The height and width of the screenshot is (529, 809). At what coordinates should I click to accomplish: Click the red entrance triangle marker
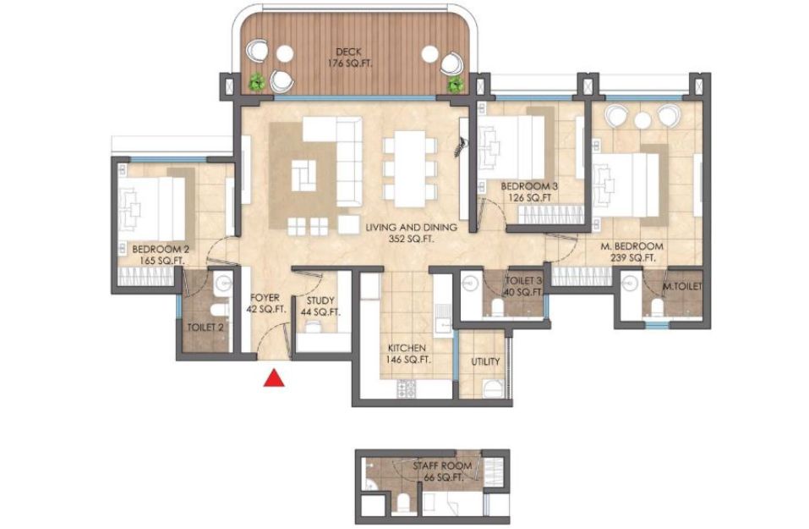(x=274, y=377)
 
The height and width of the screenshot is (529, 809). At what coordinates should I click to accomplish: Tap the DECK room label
(x=349, y=52)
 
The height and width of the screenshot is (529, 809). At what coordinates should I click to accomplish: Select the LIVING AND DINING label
(x=411, y=227)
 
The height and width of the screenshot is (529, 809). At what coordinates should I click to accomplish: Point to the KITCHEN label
(x=407, y=348)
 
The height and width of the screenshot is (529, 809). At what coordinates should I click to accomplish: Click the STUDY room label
(x=320, y=300)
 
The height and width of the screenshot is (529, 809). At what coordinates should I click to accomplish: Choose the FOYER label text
(x=265, y=298)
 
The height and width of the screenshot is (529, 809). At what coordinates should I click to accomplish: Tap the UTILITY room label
(x=485, y=361)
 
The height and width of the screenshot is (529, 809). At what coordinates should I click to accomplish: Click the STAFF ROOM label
(x=442, y=466)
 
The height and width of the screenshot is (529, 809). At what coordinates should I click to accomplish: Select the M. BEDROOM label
(x=632, y=246)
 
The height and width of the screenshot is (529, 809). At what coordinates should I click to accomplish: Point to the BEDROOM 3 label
(x=529, y=185)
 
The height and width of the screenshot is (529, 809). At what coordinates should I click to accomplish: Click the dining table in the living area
(x=410, y=162)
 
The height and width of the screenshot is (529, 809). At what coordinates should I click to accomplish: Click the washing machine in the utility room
(x=493, y=388)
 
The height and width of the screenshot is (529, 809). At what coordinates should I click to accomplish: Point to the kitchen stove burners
(x=405, y=389)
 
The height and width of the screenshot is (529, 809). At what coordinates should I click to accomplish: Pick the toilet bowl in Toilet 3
(x=497, y=308)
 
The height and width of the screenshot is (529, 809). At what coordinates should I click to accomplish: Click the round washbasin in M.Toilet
(x=628, y=283)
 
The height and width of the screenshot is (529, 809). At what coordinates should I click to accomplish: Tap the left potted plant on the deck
(x=256, y=81)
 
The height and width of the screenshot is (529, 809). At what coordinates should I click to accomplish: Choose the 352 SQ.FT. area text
(x=411, y=240)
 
